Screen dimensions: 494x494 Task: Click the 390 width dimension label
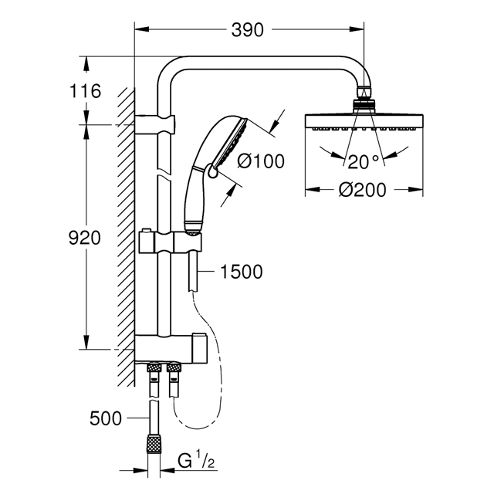pyautogui.click(x=247, y=30)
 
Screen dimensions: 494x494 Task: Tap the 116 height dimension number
pyautogui.click(x=85, y=91)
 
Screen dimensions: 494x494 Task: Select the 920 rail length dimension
pyautogui.click(x=84, y=238)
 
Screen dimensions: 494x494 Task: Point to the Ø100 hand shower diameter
pyautogui.click(x=261, y=161)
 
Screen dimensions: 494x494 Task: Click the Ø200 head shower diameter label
pyautogui.click(x=362, y=190)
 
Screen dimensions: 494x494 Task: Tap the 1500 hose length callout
pyautogui.click(x=242, y=272)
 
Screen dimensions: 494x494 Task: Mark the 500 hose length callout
pyautogui.click(x=106, y=418)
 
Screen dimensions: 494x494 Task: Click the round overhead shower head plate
pyautogui.click(x=364, y=122)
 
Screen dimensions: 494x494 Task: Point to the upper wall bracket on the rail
pyautogui.click(x=154, y=125)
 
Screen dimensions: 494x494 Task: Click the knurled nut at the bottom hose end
pyautogui.click(x=154, y=444)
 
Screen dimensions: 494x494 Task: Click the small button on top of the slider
pyautogui.click(x=146, y=231)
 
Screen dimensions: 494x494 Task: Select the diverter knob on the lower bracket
pyautogui.click(x=200, y=349)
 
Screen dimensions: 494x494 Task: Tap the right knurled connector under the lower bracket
pyautogui.click(x=174, y=368)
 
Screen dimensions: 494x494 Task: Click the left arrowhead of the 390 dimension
pyautogui.click(x=141, y=29)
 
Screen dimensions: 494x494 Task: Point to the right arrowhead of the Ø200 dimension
pyautogui.click(x=416, y=190)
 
